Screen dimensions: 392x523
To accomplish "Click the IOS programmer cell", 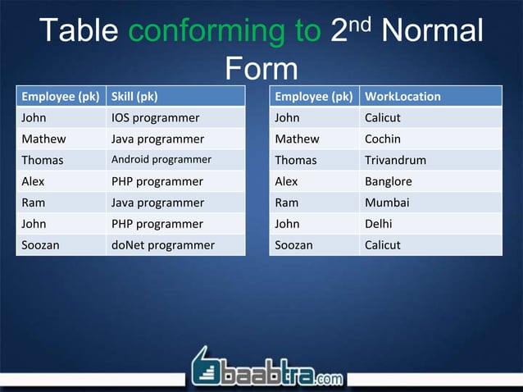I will point(155,117).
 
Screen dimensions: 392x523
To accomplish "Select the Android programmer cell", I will point(161,160).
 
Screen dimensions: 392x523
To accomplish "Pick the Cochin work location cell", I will point(383,139).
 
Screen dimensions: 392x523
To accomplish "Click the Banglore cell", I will point(389,181).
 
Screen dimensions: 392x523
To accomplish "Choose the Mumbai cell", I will point(387,203).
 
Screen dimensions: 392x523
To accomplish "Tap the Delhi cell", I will point(380,224).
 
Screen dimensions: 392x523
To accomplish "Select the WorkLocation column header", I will point(402,96).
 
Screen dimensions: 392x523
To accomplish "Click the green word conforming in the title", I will point(225,31).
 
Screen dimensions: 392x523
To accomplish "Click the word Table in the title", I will point(80,31).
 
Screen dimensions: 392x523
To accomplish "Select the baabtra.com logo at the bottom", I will point(267,368).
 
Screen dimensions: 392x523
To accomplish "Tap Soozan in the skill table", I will point(40,244).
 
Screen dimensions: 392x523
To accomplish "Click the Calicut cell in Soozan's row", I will point(383,244).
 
